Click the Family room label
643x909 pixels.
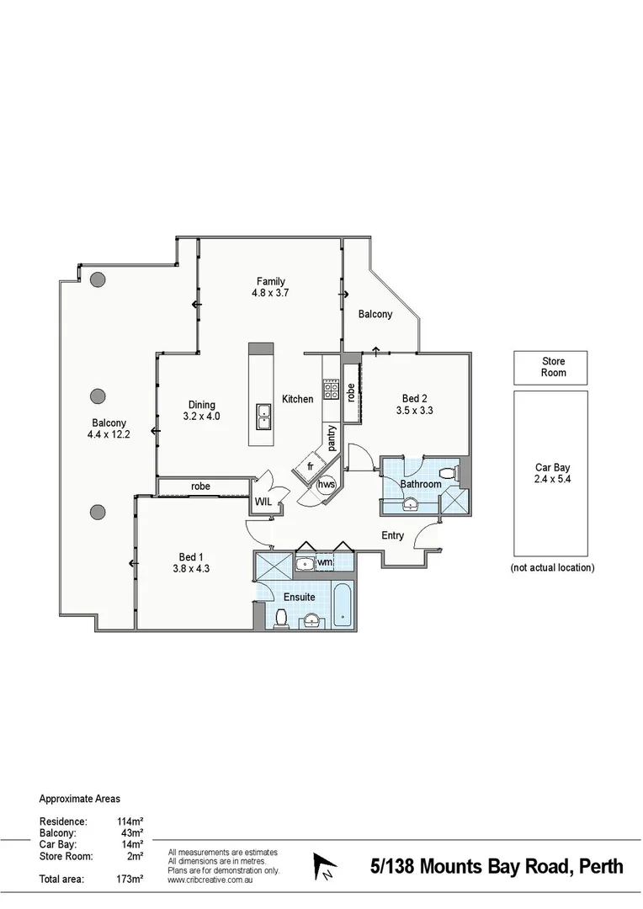click(x=271, y=287)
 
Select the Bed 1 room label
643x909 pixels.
click(x=191, y=563)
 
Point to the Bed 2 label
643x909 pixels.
click(x=414, y=405)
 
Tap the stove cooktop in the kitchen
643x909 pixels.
click(x=331, y=390)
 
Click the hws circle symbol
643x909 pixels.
click(x=326, y=485)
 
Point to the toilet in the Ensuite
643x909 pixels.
click(x=282, y=619)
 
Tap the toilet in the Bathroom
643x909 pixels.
click(x=454, y=473)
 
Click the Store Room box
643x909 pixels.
click(x=550, y=368)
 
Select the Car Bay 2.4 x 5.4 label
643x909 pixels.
click(x=553, y=476)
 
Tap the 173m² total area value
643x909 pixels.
click(x=130, y=880)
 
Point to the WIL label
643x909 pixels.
click(x=264, y=502)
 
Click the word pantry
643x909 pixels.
click(x=333, y=439)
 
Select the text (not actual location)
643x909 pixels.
click(x=552, y=568)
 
